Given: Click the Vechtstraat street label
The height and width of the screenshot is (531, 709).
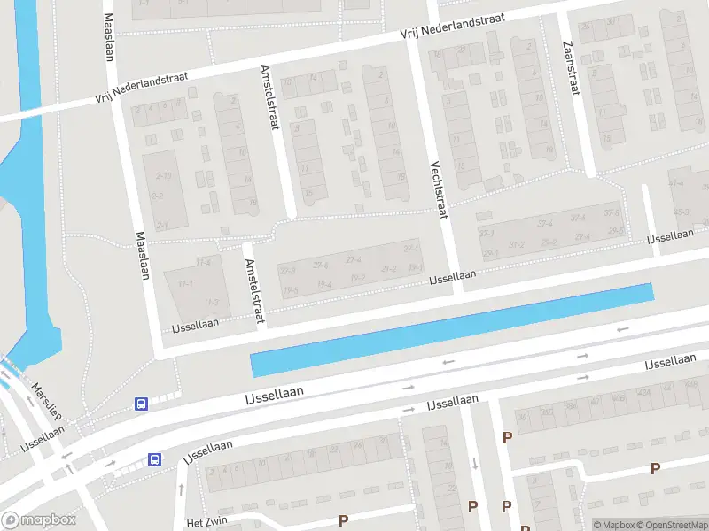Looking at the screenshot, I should [x=439, y=188].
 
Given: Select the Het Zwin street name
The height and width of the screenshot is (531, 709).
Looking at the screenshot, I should [x=207, y=523].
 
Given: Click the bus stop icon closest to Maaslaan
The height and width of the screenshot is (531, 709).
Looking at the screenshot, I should [x=140, y=404].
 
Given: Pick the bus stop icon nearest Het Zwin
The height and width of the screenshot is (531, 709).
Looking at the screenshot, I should [x=154, y=459].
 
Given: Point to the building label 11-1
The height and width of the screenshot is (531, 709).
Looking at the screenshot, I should [x=185, y=283].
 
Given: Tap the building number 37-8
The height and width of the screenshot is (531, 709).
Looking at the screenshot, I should [x=612, y=212].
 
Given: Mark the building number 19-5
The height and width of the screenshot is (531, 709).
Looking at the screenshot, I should [x=291, y=289].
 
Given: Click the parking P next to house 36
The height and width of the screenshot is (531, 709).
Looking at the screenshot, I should [x=508, y=437].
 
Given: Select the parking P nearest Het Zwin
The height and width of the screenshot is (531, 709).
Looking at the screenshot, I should [x=343, y=520].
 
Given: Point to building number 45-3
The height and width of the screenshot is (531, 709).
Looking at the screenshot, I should [x=681, y=212].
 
